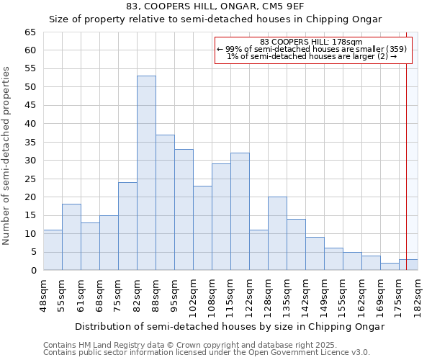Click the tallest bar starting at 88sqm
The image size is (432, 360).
tap(165, 202)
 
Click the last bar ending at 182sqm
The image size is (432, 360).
tap(408, 264)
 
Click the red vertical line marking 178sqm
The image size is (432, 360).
tap(407, 144)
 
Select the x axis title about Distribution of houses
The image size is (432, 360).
tap(230, 326)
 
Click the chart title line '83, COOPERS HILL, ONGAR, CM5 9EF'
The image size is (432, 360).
tap(215, 6)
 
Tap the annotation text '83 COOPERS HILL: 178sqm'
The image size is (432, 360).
tap(312, 42)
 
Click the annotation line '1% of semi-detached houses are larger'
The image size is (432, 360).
tap(312, 56)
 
